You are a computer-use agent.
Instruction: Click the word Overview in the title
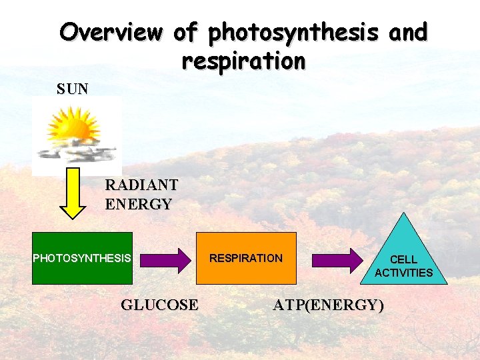(x=111, y=32)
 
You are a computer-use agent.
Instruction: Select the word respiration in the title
(x=243, y=61)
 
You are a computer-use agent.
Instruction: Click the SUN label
(x=73, y=89)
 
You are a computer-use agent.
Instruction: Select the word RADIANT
(x=141, y=185)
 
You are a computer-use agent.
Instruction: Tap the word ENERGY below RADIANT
(x=139, y=204)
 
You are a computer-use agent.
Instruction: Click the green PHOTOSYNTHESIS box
(x=83, y=258)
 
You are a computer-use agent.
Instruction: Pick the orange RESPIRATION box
(x=246, y=258)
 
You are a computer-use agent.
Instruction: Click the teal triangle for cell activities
(x=403, y=257)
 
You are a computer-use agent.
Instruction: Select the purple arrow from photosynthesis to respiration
(x=165, y=260)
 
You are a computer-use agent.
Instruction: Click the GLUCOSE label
(x=159, y=305)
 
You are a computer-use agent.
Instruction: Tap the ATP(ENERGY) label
(x=328, y=305)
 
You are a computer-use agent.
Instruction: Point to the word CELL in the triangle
(x=403, y=259)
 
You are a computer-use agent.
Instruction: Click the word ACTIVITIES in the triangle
(x=403, y=273)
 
